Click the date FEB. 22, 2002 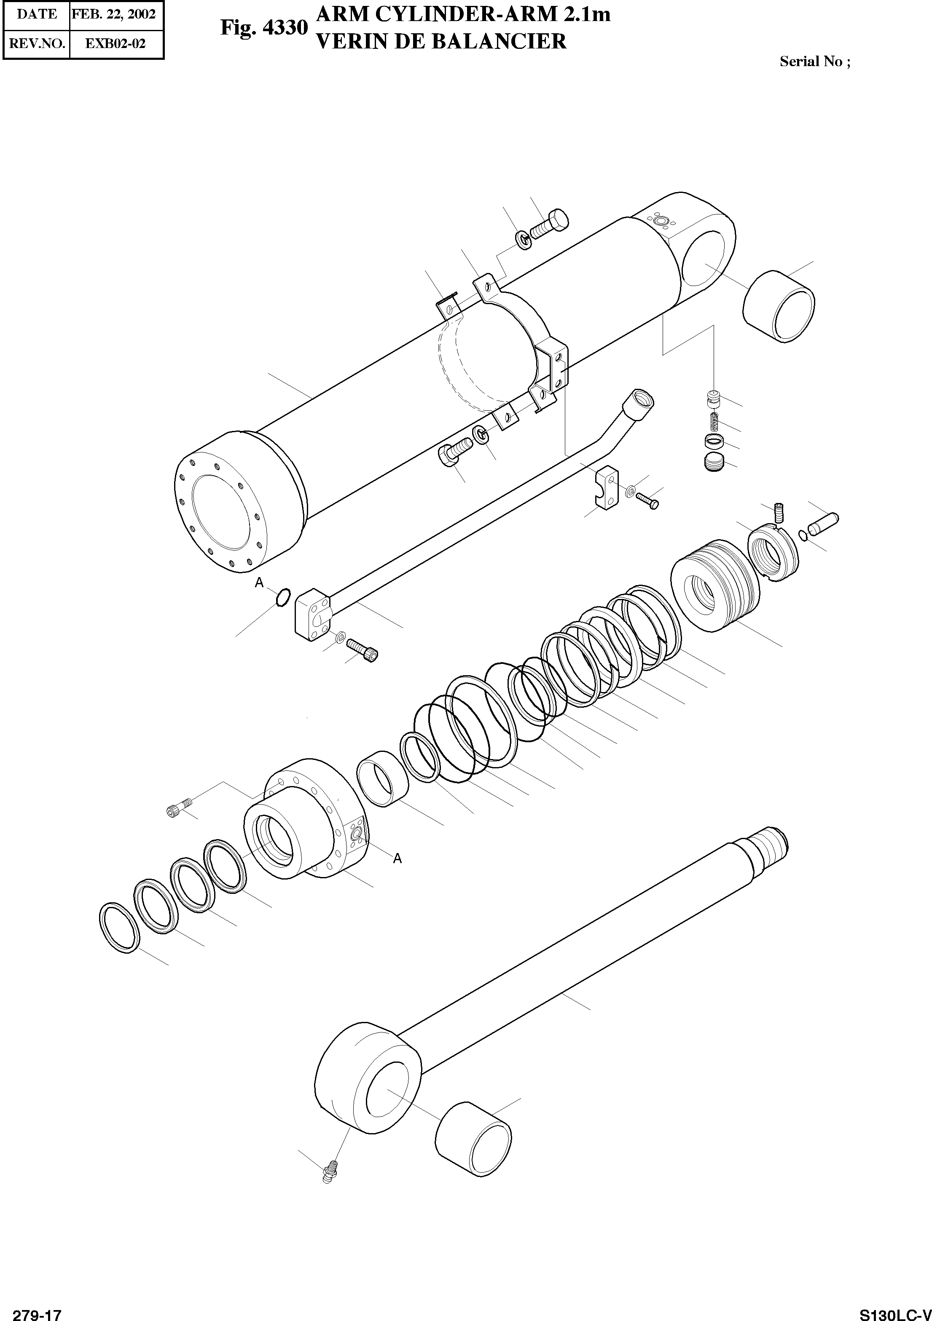113,14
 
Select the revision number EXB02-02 115,44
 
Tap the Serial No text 814,62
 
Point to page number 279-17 36,1313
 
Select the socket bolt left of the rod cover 178,807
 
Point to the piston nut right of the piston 774,554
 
